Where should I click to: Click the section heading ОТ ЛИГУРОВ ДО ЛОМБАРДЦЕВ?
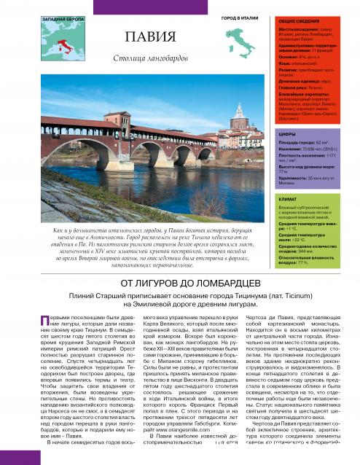pyautogui.click(x=179, y=284)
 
